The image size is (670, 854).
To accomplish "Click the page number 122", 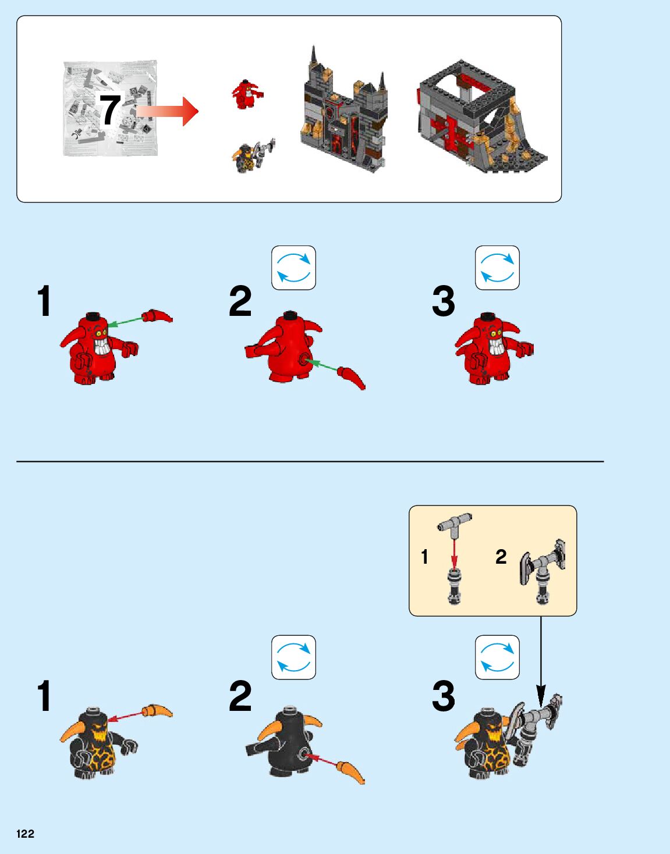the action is click(x=25, y=833).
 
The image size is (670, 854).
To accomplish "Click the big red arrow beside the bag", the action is click(x=167, y=111).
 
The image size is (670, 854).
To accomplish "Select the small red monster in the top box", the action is click(x=247, y=94).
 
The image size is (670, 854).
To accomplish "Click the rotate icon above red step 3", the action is click(x=497, y=268).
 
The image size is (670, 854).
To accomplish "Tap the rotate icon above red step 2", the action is click(x=293, y=268).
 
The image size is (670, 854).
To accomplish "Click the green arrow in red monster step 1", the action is click(x=126, y=322).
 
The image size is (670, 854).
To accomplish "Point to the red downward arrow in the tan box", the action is click(x=454, y=554).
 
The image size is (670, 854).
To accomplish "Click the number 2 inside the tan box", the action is click(x=501, y=557).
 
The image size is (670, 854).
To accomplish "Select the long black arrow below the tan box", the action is click(x=541, y=661).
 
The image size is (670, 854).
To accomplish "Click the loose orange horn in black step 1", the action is click(x=157, y=711).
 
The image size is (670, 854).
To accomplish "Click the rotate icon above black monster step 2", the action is click(x=293, y=657).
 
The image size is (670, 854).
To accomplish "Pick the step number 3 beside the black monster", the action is click(x=444, y=696).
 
